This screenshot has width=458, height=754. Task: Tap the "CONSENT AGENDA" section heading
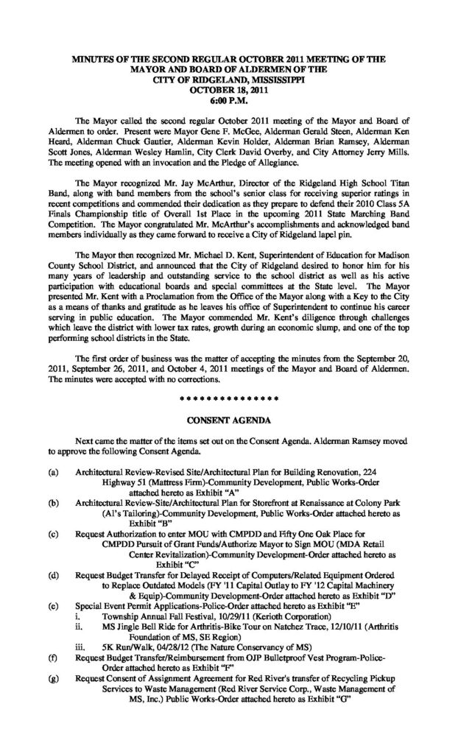[228, 420]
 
